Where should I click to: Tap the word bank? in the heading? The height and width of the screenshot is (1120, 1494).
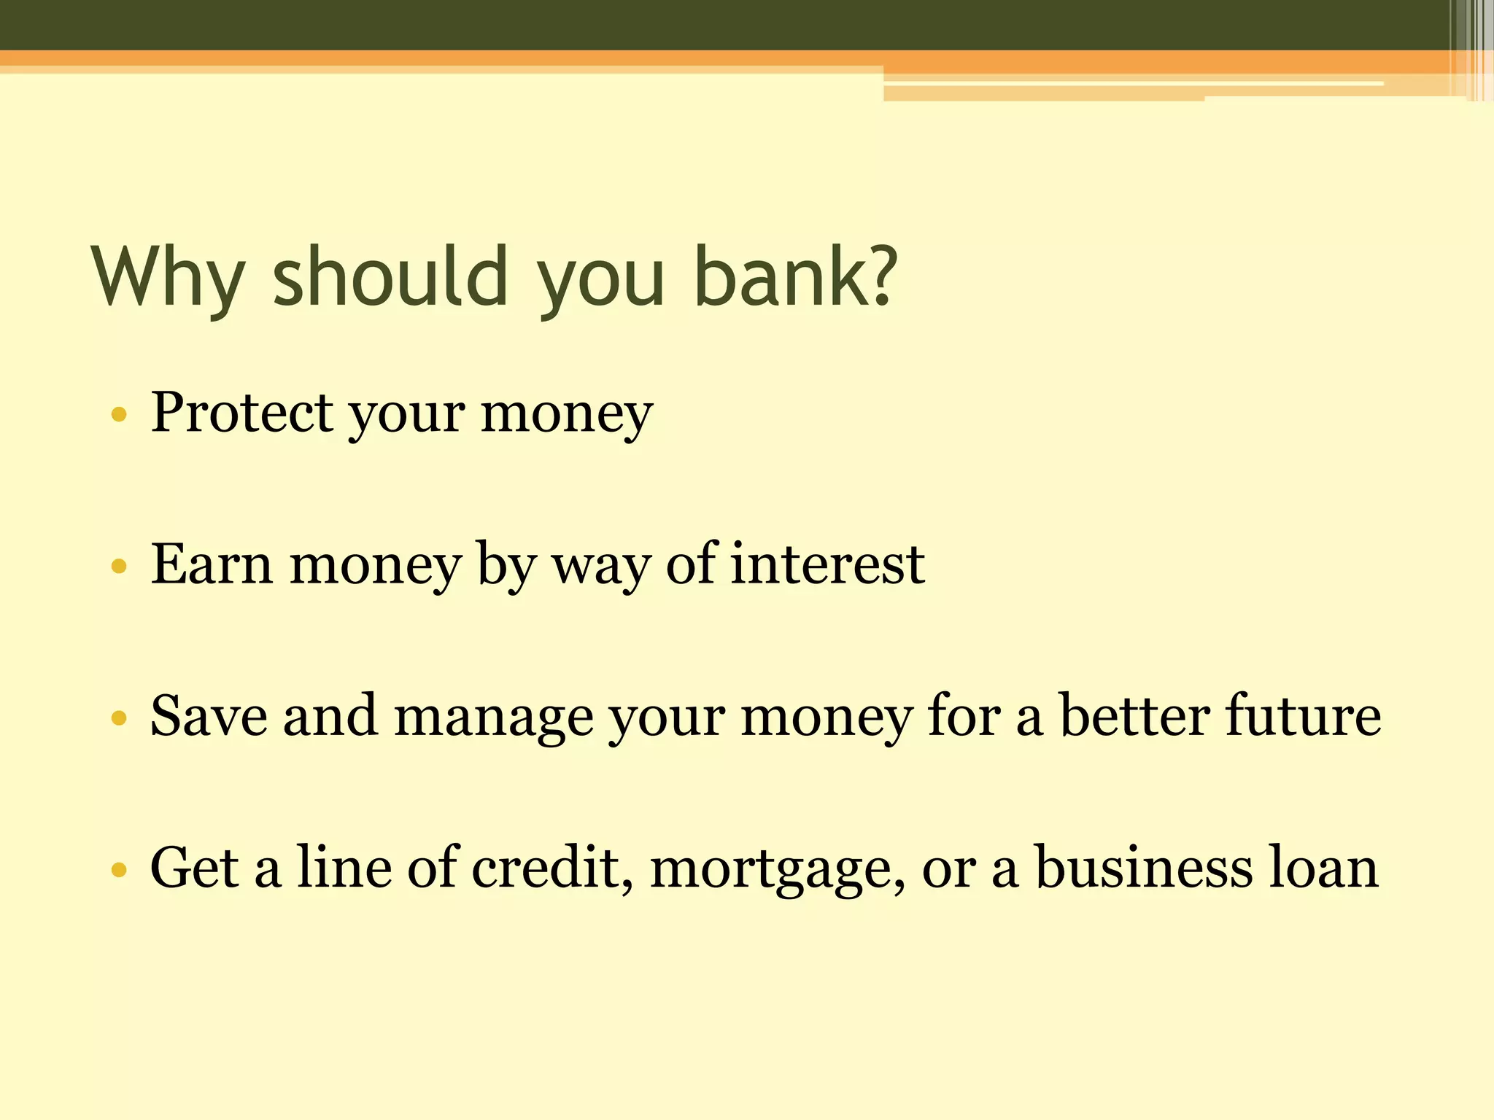point(795,277)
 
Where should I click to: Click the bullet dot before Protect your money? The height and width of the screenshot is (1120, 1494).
point(119,416)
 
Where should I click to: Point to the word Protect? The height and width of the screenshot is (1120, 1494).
point(241,413)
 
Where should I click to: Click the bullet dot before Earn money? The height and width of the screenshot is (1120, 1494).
point(119,567)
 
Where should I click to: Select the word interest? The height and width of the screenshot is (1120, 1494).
point(827,564)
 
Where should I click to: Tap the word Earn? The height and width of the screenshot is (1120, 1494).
point(212,564)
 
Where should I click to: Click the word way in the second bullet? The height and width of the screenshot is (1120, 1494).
point(599,567)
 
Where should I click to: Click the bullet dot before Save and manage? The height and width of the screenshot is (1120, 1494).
point(119,719)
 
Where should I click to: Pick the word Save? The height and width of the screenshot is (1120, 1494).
point(209,717)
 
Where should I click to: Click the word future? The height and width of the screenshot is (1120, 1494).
point(1303,717)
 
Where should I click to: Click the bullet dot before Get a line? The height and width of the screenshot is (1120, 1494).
point(119,870)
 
